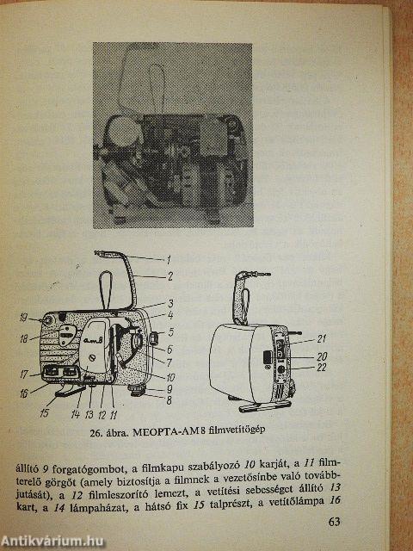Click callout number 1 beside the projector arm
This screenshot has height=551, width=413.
pos(169,260)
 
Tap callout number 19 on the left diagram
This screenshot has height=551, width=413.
pos(23,319)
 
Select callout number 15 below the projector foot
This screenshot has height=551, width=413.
pos(44,413)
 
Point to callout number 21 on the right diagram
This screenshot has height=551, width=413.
pos(321,338)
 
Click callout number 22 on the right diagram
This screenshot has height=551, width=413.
pos(321,368)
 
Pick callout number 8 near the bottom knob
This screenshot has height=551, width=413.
pos(170,399)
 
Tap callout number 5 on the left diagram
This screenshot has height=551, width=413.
pos(170,331)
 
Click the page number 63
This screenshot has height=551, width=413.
pos(335,522)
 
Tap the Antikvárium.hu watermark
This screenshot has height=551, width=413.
pos(52,541)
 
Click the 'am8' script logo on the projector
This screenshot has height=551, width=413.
pos(94,339)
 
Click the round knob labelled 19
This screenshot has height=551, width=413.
pos(46,321)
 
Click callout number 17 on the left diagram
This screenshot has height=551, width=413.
pos(23,374)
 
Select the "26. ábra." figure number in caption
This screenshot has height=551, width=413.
pos(109,432)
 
